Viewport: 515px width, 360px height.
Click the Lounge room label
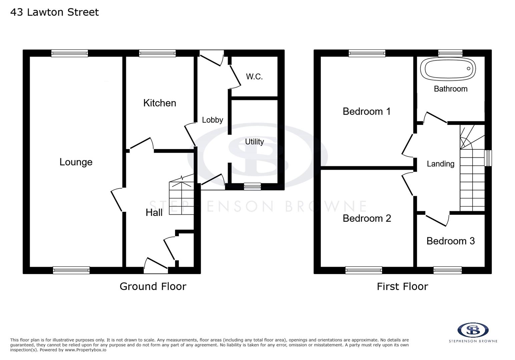coord(76,162)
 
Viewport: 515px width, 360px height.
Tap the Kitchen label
coord(159,103)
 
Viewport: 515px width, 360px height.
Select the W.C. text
coord(254,77)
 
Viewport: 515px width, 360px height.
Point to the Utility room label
coord(254,142)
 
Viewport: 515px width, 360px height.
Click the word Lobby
coord(212,120)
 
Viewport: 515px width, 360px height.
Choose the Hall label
coord(154,213)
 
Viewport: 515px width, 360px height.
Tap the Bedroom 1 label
coord(366,111)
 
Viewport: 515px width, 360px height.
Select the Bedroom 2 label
coord(367,218)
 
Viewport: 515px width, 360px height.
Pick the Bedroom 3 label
coord(450,241)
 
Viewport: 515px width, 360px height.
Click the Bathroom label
coord(450,89)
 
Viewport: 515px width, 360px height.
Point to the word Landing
coord(440,164)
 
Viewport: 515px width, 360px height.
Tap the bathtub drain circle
coord(468,69)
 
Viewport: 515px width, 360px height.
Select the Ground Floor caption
coord(153,286)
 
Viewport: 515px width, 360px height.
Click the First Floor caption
coord(402,286)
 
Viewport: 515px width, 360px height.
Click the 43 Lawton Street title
coord(54,12)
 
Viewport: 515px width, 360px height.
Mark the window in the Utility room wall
coord(252,187)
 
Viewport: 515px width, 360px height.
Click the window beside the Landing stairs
coord(488,158)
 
